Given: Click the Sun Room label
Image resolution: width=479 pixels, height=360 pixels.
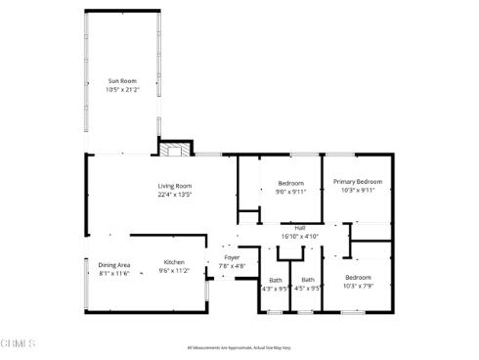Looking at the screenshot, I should [x=121, y=80].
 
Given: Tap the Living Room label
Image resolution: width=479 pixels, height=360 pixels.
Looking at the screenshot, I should [x=175, y=186].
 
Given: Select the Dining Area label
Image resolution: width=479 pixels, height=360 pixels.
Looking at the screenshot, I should [x=113, y=265].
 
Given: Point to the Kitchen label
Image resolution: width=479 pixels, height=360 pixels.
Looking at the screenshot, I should [x=174, y=262].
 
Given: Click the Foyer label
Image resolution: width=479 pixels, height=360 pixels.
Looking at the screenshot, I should [x=231, y=258].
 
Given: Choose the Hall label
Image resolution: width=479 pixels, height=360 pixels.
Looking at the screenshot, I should [x=300, y=228].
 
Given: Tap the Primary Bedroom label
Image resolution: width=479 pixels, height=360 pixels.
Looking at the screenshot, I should [x=357, y=182].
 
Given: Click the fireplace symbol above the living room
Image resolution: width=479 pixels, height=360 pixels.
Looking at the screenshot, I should [x=173, y=150].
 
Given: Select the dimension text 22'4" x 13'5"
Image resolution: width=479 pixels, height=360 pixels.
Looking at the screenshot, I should [x=175, y=195].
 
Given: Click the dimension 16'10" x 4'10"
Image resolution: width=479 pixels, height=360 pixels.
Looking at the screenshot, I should [x=300, y=236].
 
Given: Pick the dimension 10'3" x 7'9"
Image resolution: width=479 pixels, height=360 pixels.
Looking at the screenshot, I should [x=358, y=287].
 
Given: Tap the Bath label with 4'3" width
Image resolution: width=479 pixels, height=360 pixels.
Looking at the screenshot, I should [x=275, y=280].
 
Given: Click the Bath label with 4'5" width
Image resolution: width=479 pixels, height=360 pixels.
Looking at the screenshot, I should [x=308, y=280].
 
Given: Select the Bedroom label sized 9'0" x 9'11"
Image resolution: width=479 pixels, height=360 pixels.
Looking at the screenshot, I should [x=291, y=183].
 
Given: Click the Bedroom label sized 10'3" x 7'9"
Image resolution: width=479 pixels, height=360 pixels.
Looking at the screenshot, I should [x=358, y=278].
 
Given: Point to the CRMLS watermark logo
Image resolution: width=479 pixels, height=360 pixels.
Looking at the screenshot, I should [x=19, y=343].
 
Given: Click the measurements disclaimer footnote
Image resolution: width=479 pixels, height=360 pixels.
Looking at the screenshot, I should [x=239, y=347].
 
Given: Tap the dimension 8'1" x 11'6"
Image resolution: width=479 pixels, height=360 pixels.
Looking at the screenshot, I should [x=113, y=273].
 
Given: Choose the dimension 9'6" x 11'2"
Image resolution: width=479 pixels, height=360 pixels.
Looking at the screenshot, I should [x=174, y=271].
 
